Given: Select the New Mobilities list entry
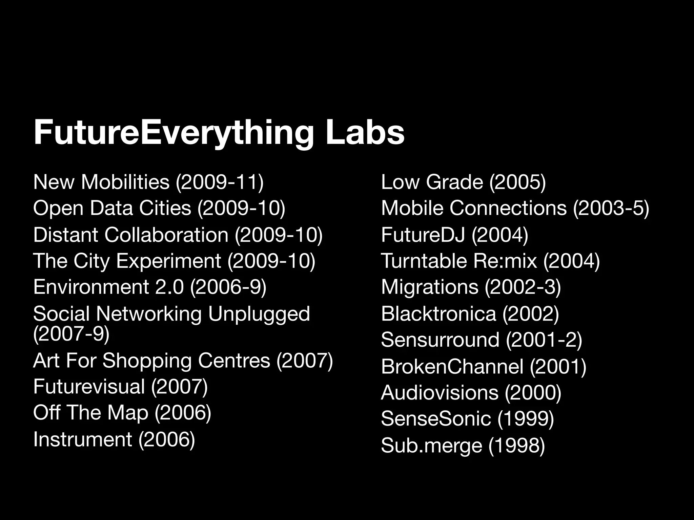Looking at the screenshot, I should click(x=148, y=182).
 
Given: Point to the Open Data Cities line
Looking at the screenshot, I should click(x=159, y=208).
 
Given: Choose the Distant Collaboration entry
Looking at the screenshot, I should click(x=178, y=235).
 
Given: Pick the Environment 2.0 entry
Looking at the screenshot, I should click(x=150, y=287).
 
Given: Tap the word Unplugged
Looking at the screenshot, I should click(x=259, y=313).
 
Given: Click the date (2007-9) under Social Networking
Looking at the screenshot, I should click(x=71, y=333).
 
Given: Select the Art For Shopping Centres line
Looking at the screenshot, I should click(x=183, y=360).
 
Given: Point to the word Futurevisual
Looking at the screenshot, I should click(x=89, y=386).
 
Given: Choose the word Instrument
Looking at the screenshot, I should click(x=82, y=439).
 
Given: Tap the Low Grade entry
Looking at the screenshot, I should click(x=463, y=182).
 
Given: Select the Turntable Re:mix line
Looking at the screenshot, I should click(x=490, y=261).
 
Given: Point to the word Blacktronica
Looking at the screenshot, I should click(x=438, y=313).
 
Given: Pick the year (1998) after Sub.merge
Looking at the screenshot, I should click(x=516, y=445).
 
